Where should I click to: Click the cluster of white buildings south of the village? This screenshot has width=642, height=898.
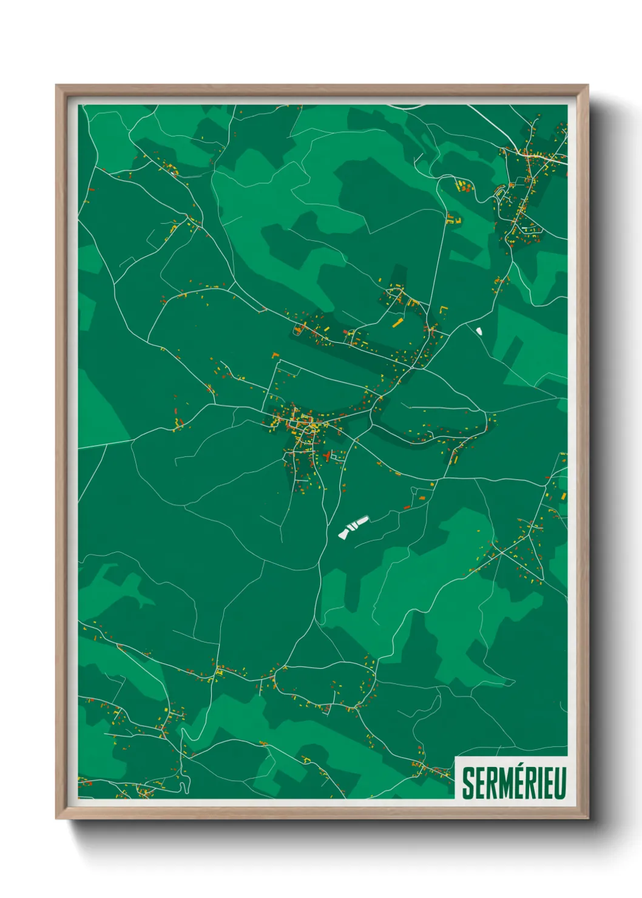(353, 527)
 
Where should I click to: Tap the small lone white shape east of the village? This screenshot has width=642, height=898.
(479, 331)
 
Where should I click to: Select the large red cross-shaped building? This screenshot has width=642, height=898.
(327, 455)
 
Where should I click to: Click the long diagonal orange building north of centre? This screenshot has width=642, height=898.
(397, 322)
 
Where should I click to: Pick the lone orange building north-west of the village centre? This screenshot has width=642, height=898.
(275, 354)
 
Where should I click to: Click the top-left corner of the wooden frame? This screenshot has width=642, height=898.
(57, 86)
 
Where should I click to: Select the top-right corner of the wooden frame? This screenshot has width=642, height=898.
(587, 86)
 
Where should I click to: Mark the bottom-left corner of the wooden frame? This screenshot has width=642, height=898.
(57, 818)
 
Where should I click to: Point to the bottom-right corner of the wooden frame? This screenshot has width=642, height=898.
(587, 818)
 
